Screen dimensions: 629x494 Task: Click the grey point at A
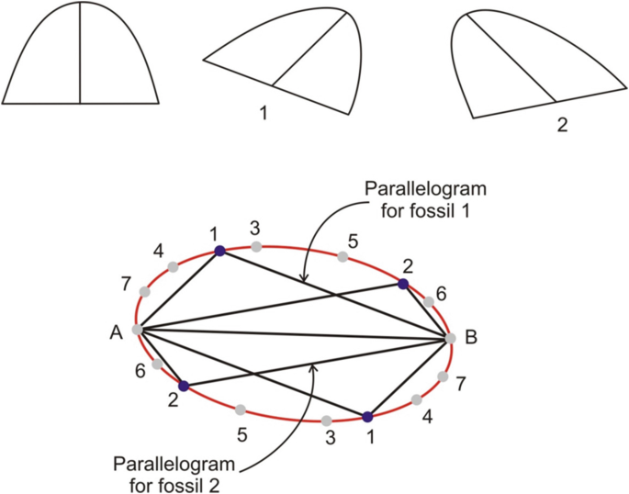[138, 329]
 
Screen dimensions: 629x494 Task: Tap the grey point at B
[450, 338]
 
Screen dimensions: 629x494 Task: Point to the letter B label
[471, 338]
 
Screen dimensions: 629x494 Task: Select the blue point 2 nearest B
[402, 285]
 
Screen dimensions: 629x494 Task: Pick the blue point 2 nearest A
[184, 387]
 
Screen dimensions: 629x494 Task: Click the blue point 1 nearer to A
[219, 250]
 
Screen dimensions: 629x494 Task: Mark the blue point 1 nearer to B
[367, 416]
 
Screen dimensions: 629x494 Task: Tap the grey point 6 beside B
[428, 301]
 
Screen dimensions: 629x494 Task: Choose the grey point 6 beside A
[158, 365]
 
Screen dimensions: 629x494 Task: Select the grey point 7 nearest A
[144, 292]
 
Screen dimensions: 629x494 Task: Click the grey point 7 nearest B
[443, 376]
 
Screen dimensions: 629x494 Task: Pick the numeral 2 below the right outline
[563, 122]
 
